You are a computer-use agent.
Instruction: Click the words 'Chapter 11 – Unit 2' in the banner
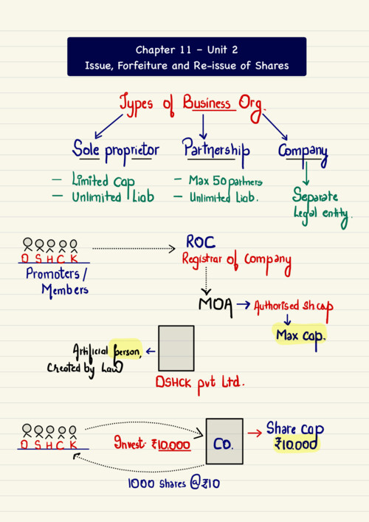tap(187, 50)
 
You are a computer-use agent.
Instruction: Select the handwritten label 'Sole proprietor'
tap(115, 151)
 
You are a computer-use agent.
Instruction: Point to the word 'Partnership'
tap(216, 151)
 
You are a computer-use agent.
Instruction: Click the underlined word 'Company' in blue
tap(303, 153)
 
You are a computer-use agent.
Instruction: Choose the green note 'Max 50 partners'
tap(226, 181)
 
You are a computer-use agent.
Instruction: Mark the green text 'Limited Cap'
tap(103, 180)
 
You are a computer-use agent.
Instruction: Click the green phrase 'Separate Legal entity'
tap(321, 207)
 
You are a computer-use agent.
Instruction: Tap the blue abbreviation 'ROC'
tap(201, 241)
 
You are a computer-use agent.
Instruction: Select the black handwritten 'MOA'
tap(215, 305)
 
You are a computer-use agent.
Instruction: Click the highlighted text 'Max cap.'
tap(300, 335)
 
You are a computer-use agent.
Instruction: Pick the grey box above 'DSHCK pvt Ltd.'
tap(176, 348)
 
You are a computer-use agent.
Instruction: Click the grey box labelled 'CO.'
tap(224, 441)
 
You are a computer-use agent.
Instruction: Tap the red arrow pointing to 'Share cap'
tap(255, 433)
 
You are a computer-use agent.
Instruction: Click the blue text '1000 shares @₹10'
tap(173, 484)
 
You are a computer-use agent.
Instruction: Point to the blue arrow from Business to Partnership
tap(203, 126)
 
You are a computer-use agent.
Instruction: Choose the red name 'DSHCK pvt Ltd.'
tap(200, 383)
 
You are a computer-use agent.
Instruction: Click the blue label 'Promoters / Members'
tap(57, 282)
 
